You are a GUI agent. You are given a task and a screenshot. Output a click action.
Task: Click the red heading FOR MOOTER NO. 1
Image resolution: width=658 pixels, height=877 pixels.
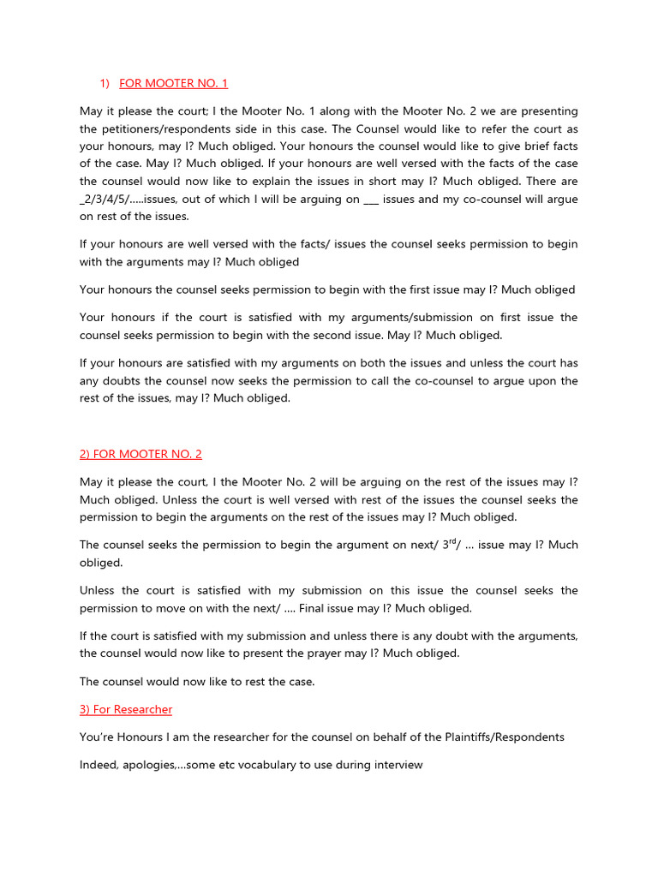(173, 83)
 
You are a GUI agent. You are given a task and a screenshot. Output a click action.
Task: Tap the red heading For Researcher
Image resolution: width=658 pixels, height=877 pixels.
(126, 709)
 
